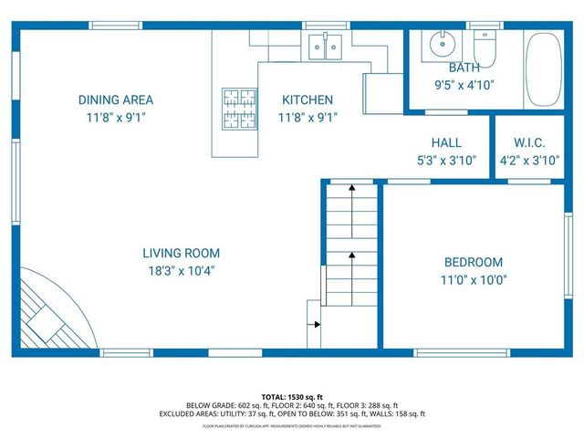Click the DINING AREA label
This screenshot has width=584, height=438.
pyautogui.click(x=115, y=99)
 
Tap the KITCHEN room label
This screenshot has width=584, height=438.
pyautogui.click(x=307, y=99)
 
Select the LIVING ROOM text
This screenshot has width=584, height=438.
pyautogui.click(x=181, y=253)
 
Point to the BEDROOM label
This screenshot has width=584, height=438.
pyautogui.click(x=474, y=262)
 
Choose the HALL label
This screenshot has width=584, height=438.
pyautogui.click(x=446, y=142)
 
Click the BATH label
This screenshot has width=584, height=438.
pyautogui.click(x=464, y=68)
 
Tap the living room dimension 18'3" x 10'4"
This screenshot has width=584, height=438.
pyautogui.click(x=181, y=270)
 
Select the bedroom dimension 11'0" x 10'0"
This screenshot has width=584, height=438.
pyautogui.click(x=474, y=280)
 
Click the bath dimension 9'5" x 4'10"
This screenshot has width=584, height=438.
pyautogui.click(x=464, y=84)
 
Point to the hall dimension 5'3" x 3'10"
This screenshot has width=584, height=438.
pyautogui.click(x=446, y=160)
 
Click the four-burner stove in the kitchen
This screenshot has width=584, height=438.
pyautogui.click(x=239, y=108)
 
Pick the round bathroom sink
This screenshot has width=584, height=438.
pyautogui.click(x=443, y=42)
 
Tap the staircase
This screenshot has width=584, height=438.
pyautogui.click(x=351, y=246)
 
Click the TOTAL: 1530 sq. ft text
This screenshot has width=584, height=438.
pyautogui.click(x=292, y=397)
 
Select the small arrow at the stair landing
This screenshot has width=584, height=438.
pyautogui.click(x=315, y=323)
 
